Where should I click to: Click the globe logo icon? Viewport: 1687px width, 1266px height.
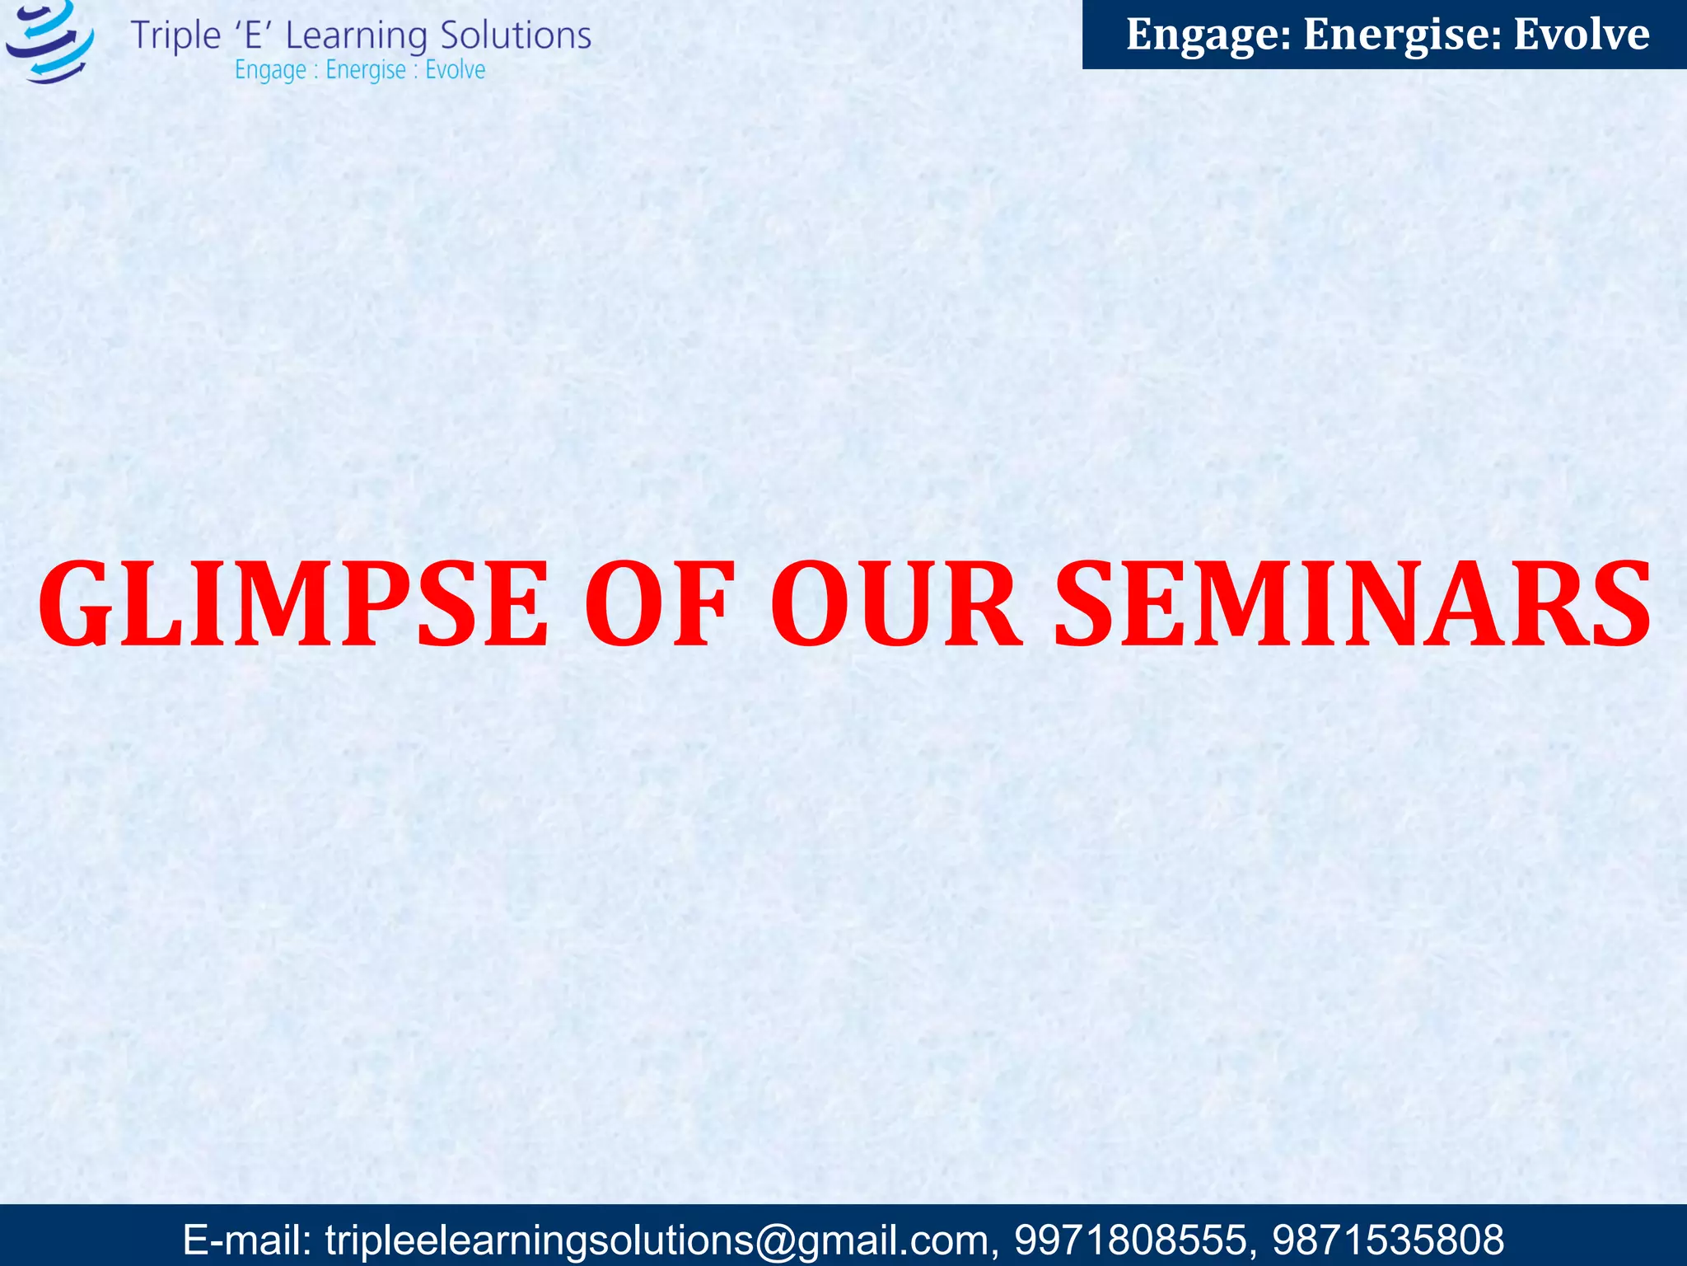(x=49, y=41)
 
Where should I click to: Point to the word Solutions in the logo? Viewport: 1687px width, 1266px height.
(x=515, y=36)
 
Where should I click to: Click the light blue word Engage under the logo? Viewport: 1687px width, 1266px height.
(x=270, y=71)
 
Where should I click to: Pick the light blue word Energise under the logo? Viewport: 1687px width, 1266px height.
(x=366, y=71)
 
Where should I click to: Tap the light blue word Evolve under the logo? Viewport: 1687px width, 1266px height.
(x=455, y=70)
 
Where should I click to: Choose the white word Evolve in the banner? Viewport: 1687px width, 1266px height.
(x=1582, y=35)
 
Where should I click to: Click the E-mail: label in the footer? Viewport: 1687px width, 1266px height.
(x=246, y=1240)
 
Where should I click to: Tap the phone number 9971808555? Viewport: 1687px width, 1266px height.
(x=1129, y=1240)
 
